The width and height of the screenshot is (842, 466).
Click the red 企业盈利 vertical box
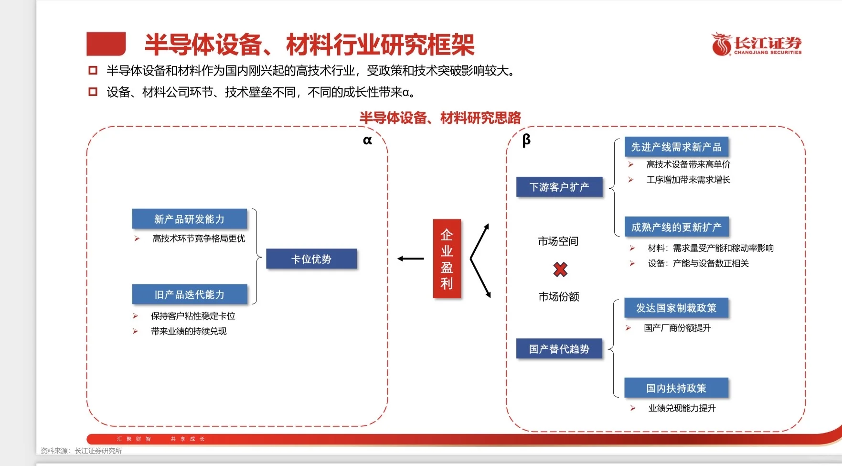tap(447, 259)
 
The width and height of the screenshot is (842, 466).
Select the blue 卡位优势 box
tap(311, 259)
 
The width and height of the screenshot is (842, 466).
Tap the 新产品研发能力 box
tap(190, 219)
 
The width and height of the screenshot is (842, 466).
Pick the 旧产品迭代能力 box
tap(190, 294)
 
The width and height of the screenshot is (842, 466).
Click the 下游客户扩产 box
tap(559, 187)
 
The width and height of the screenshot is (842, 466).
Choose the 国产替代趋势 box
tap(559, 349)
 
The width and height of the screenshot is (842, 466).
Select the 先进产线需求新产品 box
tap(676, 147)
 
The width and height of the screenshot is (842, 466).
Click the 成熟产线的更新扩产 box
tap(676, 227)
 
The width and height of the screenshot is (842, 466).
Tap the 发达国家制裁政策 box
tap(676, 308)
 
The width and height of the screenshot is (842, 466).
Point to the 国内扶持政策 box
tap(676, 388)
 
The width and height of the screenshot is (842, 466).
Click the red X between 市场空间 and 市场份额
tap(560, 270)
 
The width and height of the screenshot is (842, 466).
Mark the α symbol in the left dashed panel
tap(367, 141)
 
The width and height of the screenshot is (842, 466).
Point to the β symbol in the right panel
tap(526, 140)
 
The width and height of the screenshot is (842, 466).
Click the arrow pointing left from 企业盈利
tap(411, 259)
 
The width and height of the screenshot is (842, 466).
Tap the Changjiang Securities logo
tap(757, 44)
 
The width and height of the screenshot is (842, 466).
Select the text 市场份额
tap(559, 297)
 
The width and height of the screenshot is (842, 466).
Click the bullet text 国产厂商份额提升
tap(677, 328)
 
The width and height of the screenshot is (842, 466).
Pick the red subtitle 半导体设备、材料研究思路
tap(440, 118)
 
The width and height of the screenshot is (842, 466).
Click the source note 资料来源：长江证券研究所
tap(81, 451)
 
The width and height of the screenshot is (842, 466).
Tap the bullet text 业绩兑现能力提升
tap(682, 408)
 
